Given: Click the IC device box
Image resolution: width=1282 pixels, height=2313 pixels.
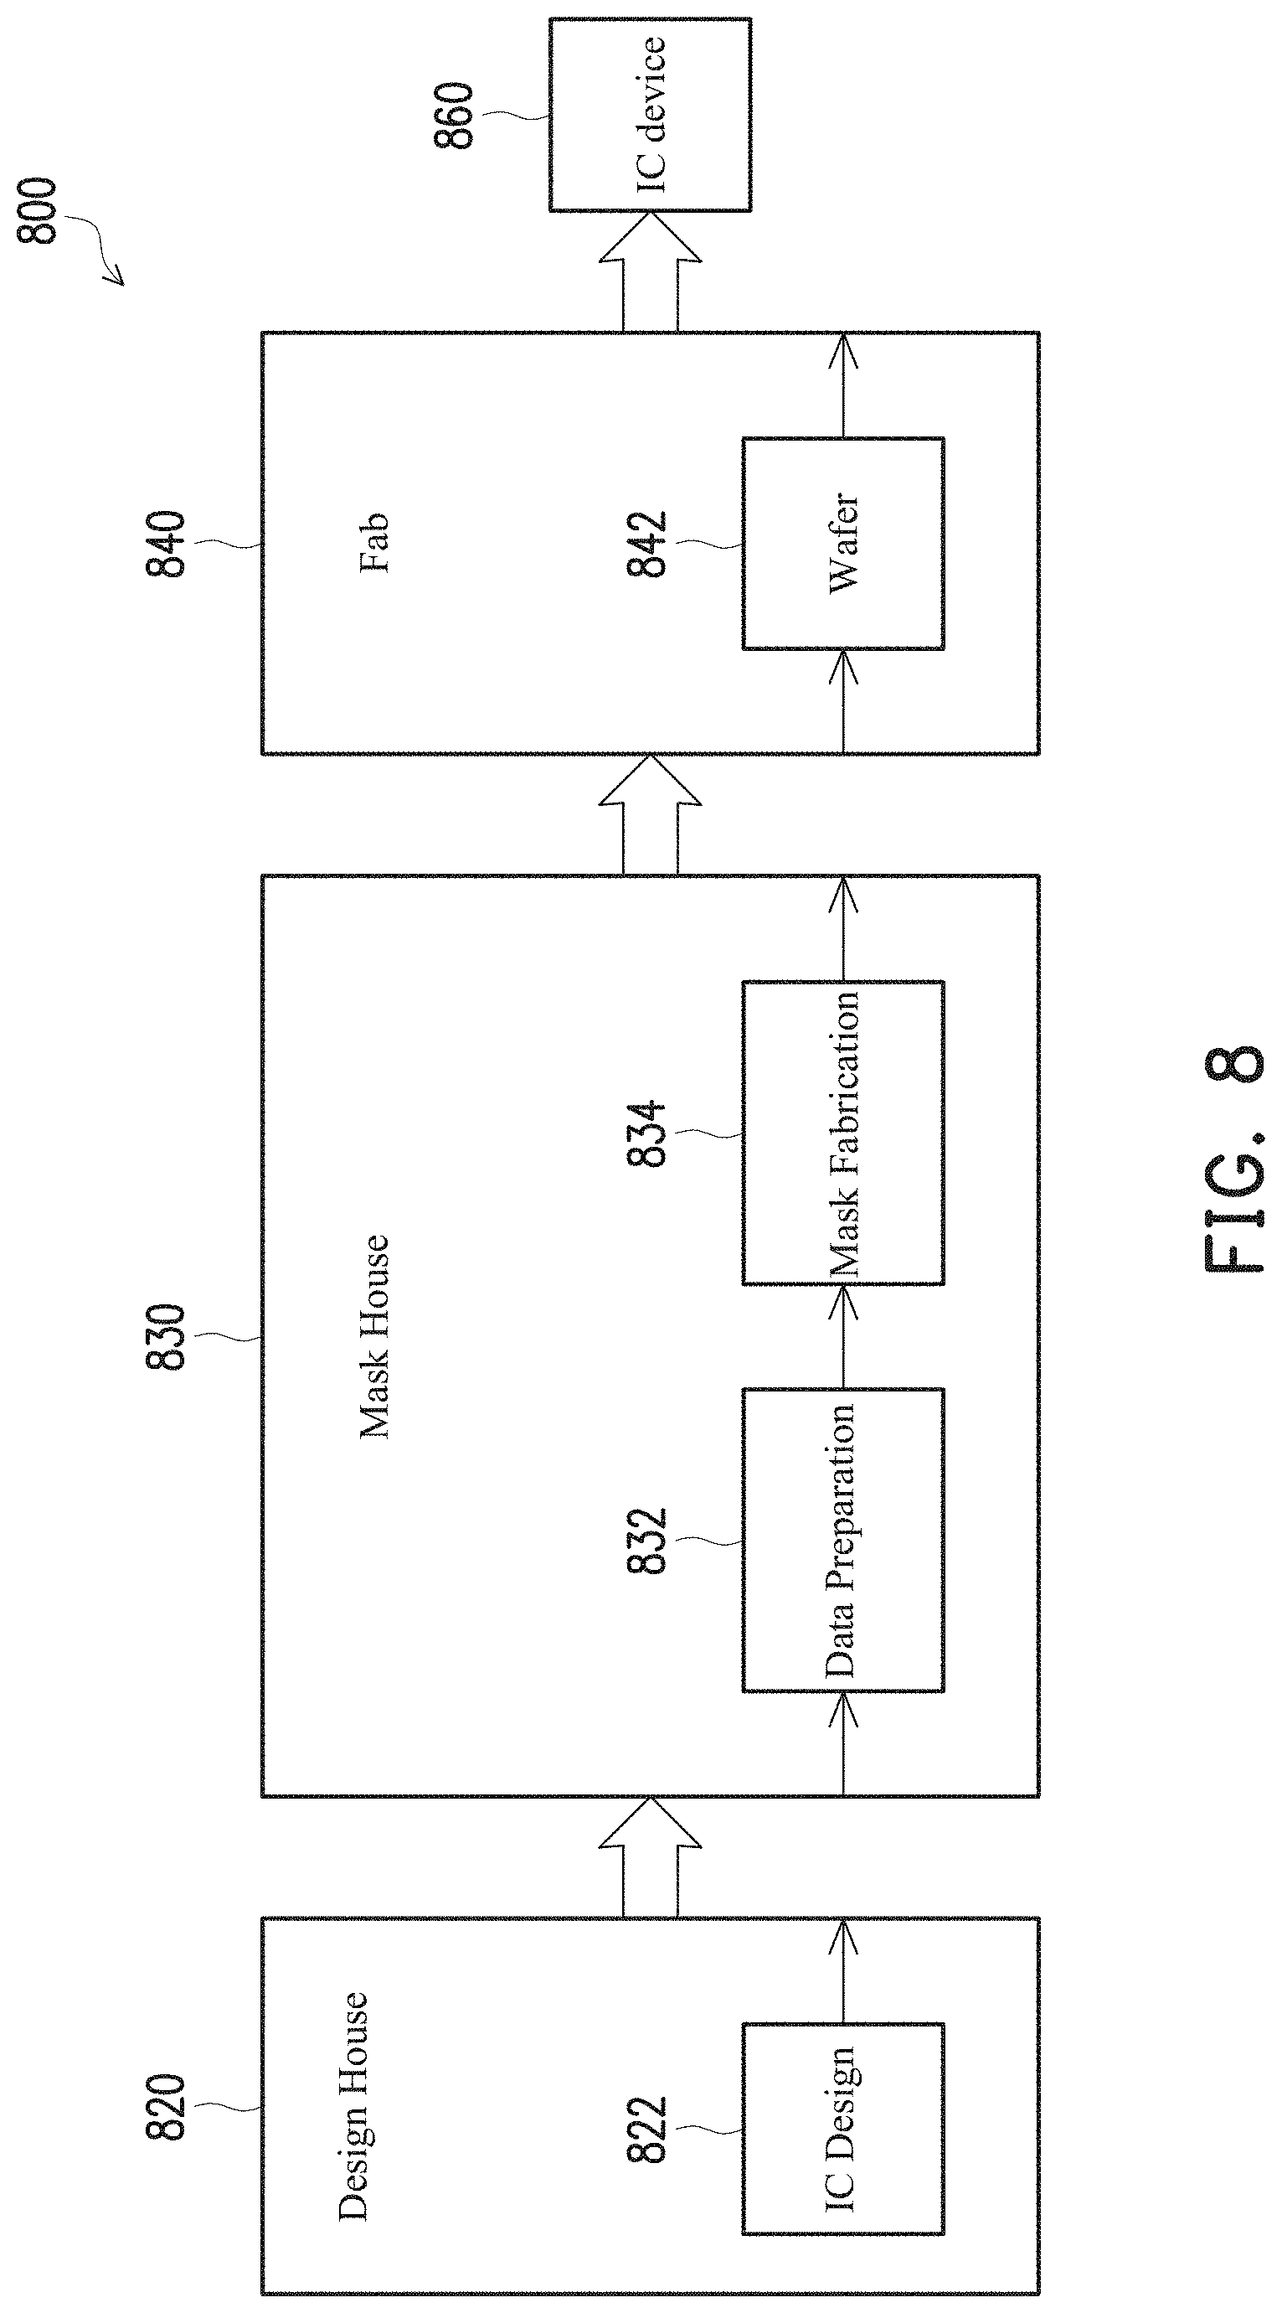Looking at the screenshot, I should tap(650, 115).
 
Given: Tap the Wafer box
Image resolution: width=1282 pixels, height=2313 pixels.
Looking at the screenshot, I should tap(842, 543).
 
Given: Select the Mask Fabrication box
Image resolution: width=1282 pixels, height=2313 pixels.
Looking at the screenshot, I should tap(842, 1133).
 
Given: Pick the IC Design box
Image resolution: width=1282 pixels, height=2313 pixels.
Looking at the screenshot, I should tap(842, 2126).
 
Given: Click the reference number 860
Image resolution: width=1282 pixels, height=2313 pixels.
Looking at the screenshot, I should tap(454, 115).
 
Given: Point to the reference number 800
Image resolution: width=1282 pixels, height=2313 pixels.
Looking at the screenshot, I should tap(38, 211).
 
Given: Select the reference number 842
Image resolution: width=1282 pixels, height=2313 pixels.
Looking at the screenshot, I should tap(646, 543).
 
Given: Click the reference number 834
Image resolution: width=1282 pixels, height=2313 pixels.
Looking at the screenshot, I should tap(646, 1133).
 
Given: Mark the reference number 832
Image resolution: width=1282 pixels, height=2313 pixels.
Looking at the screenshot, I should tap(646, 1540).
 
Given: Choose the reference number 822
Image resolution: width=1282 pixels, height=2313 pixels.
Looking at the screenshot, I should tap(646, 2127).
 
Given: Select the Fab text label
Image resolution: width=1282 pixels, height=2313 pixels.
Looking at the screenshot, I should tap(373, 543).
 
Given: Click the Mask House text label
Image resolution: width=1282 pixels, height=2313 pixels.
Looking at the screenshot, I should tap(373, 1337).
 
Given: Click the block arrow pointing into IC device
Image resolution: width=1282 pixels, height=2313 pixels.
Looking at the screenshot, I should tap(650, 271).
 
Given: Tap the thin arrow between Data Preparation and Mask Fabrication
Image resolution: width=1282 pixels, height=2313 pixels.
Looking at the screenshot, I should tap(842, 1336).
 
